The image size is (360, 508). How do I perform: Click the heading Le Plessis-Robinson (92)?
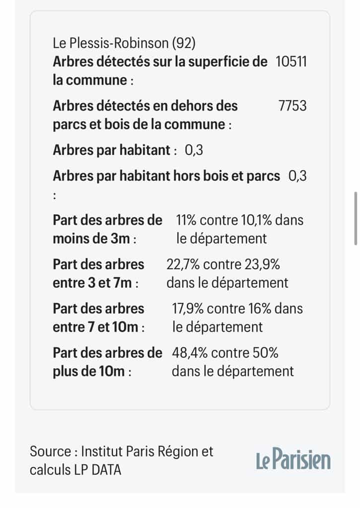pyautogui.click(x=124, y=43)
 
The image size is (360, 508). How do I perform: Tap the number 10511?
pyautogui.click(x=291, y=62)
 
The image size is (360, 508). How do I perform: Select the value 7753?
pyautogui.click(x=293, y=106)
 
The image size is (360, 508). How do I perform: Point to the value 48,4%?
pyautogui.click(x=189, y=353)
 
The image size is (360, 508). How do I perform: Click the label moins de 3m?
pyautogui.click(x=92, y=239)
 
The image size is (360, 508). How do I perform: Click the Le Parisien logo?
pyautogui.click(x=293, y=460)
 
